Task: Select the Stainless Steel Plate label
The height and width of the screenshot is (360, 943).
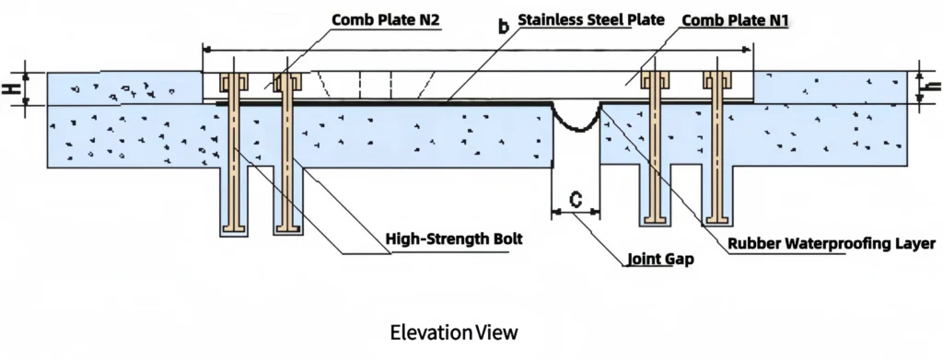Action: click(590, 18)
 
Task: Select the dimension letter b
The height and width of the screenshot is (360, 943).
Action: click(503, 28)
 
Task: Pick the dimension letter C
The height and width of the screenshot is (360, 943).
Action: click(575, 197)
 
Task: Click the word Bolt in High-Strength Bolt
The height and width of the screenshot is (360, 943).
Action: click(506, 239)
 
